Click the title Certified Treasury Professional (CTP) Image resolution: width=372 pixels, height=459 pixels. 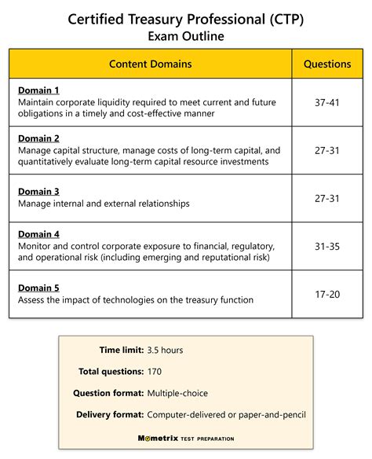point(186,17)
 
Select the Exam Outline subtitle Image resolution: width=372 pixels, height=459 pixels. point(186,35)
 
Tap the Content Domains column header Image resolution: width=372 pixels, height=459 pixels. point(150,64)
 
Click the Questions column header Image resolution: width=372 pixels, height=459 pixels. point(327,64)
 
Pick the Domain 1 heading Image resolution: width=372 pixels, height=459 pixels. point(38,90)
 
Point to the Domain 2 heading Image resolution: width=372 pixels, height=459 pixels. point(38,138)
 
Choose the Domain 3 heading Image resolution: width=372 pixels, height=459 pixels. point(38,191)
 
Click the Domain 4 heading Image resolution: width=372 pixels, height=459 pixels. point(38,233)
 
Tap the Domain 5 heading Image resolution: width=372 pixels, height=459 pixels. point(38,288)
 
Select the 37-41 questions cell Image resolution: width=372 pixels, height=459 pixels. point(327,101)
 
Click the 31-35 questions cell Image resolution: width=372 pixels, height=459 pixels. point(327,245)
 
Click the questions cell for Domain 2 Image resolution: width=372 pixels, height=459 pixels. point(327,150)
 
